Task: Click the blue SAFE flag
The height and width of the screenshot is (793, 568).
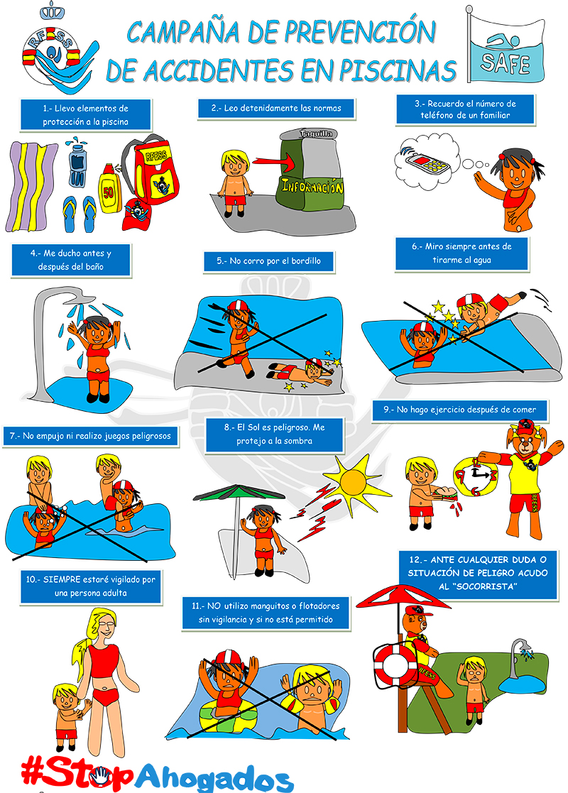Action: (506, 50)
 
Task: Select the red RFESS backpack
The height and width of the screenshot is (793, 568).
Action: (152, 170)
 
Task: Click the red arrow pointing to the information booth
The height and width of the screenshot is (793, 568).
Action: (273, 163)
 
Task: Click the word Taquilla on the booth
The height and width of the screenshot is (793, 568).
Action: (316, 133)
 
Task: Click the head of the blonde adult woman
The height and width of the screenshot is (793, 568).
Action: (103, 626)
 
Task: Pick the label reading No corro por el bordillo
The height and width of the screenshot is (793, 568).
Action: (268, 261)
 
